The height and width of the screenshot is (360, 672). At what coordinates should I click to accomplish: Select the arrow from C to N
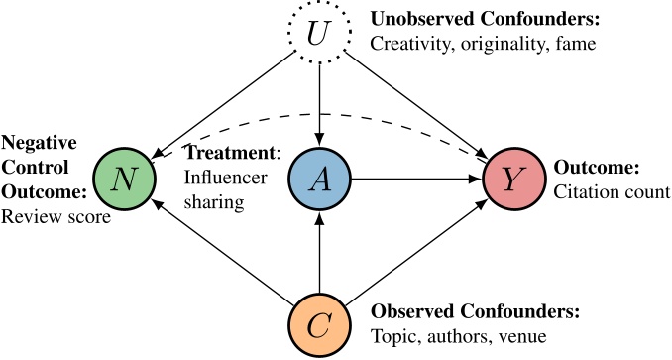pyautogui.click(x=220, y=252)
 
